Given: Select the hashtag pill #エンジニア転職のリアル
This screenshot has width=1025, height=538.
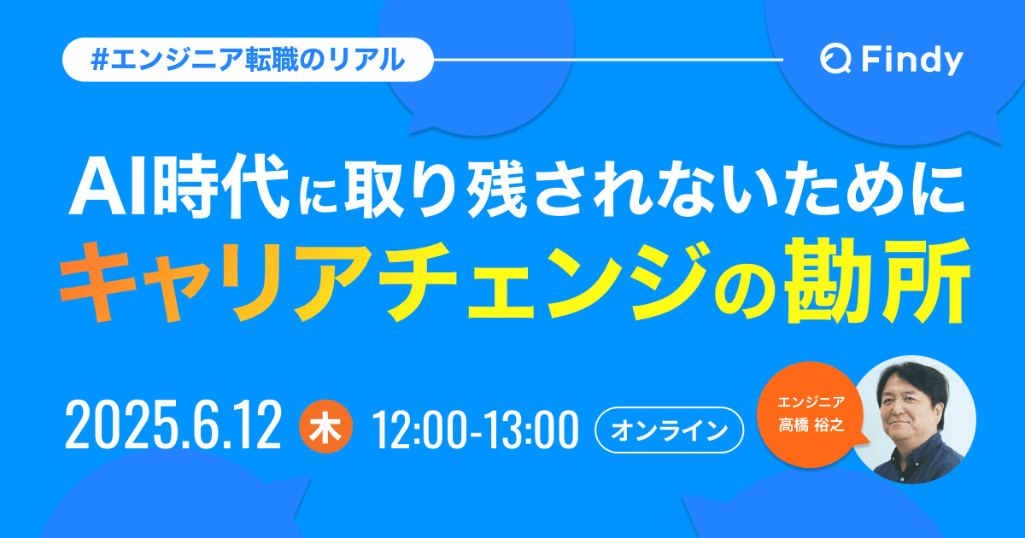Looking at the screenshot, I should (247, 61).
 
